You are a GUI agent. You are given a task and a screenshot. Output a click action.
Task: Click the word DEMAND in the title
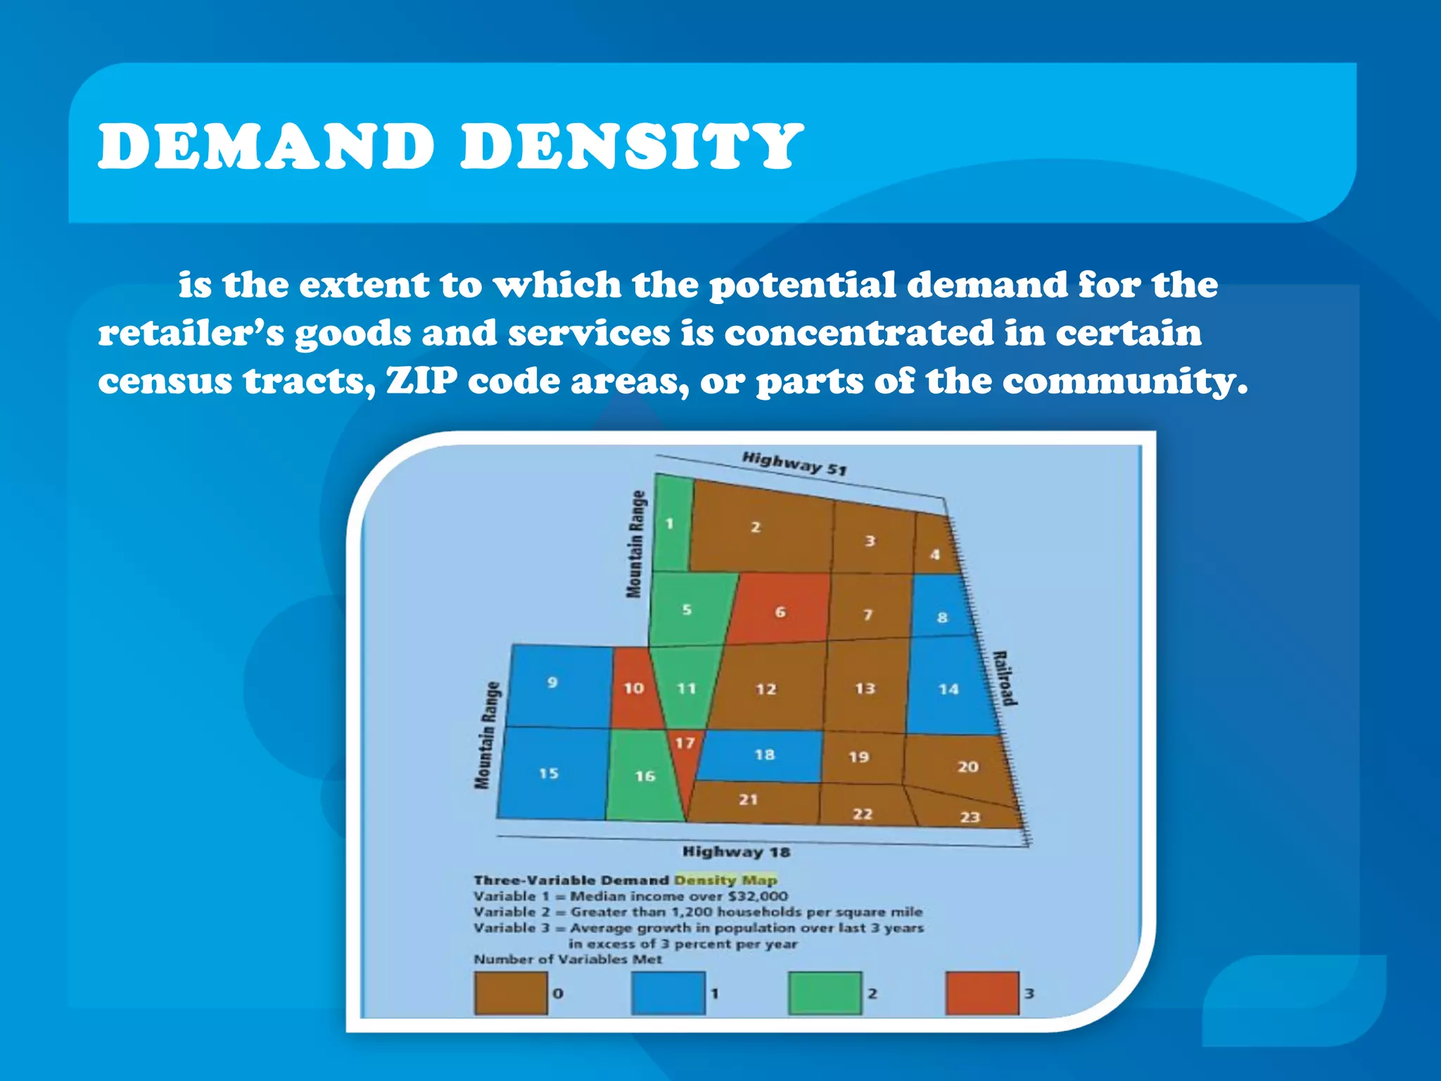pos(266,146)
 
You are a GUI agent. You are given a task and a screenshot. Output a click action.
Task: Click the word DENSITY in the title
pos(631,146)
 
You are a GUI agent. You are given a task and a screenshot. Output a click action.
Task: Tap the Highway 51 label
pos(794,464)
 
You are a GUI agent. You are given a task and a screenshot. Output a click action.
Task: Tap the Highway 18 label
pos(736,852)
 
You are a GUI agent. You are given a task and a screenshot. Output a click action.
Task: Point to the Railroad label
pos(1005,678)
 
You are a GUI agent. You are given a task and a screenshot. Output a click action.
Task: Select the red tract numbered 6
pos(780,609)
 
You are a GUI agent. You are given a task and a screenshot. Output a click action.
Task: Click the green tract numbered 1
pos(671,524)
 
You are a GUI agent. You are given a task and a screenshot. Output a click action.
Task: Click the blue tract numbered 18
pos(763,756)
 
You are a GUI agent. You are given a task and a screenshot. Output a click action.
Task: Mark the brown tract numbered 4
pos(935,549)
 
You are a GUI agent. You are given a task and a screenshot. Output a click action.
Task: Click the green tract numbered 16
pos(642,776)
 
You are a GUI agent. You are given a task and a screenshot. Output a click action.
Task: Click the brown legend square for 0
pos(511,993)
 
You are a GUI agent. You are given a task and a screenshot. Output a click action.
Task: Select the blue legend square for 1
pos(668,993)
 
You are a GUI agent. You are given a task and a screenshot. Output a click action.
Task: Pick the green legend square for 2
pos(825,993)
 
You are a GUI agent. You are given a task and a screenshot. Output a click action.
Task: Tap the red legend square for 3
pos(982,993)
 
